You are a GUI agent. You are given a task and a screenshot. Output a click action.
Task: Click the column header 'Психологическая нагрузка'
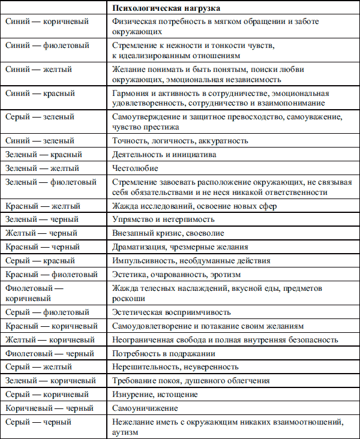click(x=166, y=8)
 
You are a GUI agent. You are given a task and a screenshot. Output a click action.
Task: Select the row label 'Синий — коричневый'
click(x=47, y=22)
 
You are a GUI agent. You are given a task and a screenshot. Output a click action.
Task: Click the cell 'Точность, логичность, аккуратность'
click(x=180, y=140)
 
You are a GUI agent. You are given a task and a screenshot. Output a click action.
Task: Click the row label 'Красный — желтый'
click(x=42, y=206)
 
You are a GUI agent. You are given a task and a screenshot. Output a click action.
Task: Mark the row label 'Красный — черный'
click(x=42, y=247)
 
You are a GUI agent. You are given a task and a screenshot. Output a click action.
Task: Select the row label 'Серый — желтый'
click(x=38, y=367)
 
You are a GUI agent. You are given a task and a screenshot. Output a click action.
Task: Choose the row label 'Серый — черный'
click(x=38, y=422)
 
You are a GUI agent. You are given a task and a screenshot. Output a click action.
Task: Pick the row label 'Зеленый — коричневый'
click(x=50, y=381)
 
